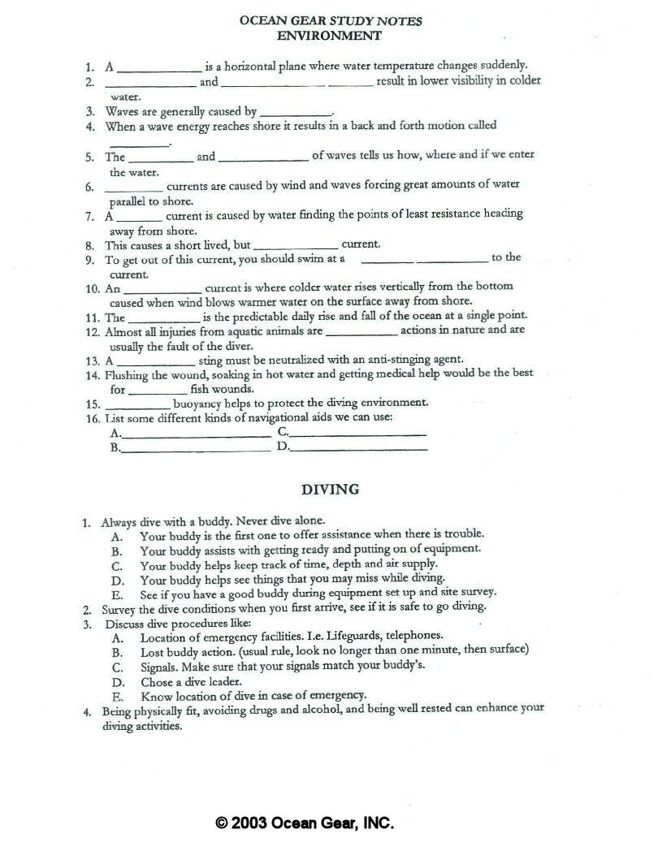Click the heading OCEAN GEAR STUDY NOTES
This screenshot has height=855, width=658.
(x=330, y=21)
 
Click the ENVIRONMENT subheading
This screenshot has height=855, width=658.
(x=329, y=36)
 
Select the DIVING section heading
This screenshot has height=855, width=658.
(x=330, y=490)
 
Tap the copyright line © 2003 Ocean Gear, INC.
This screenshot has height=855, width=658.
(x=305, y=823)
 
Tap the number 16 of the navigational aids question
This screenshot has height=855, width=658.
(x=91, y=417)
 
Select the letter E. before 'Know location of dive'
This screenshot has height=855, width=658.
(x=117, y=697)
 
